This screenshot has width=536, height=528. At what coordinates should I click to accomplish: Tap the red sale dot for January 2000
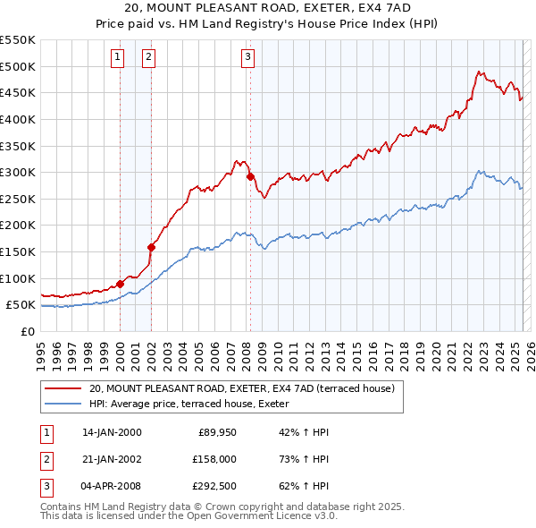coord(120,284)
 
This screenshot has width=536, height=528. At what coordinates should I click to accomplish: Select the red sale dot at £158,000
coord(152,247)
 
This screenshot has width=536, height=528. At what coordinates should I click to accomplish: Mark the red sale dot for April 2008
coord(250,176)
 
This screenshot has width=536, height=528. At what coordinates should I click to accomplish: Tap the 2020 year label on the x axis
coord(436,347)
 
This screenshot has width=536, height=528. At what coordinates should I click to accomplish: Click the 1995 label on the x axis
coord(41,347)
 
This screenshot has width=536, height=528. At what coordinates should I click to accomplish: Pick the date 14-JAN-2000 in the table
coord(112,432)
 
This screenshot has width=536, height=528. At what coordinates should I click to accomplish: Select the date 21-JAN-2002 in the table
coord(112,460)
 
